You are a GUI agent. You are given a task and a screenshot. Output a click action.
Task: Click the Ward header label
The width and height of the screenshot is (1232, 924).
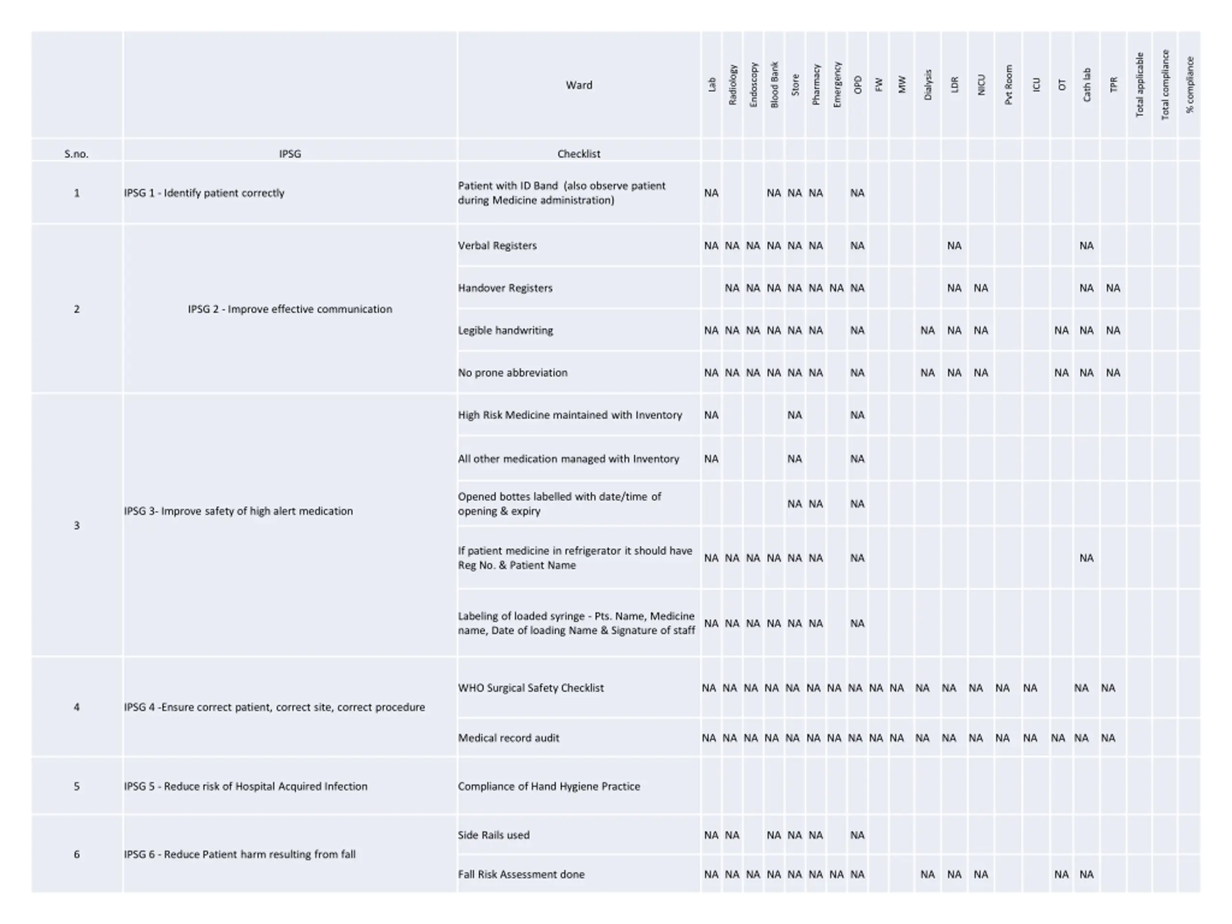578,85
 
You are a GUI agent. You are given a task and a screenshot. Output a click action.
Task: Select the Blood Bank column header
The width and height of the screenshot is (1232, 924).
774,85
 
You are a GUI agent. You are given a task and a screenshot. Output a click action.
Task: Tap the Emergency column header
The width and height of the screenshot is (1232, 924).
836,85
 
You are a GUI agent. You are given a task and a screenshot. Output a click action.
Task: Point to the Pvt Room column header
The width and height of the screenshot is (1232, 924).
1008,85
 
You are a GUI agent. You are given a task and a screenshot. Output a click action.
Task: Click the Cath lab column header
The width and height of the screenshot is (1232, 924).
1087,85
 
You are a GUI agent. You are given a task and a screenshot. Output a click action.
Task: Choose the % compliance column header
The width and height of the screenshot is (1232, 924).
1190,85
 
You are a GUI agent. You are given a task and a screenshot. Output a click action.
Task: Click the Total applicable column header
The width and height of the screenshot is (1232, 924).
1140,85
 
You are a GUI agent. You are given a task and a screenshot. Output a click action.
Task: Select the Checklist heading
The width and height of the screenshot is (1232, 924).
578,154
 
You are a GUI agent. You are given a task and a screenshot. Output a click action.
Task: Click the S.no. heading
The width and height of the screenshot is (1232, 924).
77,154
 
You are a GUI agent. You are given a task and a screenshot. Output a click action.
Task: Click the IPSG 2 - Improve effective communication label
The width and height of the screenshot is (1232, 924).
290,309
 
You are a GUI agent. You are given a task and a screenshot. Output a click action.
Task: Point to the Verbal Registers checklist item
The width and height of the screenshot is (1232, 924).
497,245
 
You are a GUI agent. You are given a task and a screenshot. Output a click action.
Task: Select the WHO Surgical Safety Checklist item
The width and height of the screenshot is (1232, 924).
531,688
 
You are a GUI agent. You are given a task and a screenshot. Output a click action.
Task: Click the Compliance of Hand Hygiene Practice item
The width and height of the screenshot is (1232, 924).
549,786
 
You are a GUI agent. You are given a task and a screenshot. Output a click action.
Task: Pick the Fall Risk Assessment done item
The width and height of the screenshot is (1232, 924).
521,874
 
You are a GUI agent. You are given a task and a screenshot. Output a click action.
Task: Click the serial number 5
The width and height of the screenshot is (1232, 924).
77,786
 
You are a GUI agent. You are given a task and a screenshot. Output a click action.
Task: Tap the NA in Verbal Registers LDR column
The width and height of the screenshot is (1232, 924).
954,245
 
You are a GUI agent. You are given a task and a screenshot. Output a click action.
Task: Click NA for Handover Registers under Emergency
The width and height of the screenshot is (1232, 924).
836,288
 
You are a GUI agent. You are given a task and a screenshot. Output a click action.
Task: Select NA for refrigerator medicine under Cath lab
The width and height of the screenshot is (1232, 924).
1086,558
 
